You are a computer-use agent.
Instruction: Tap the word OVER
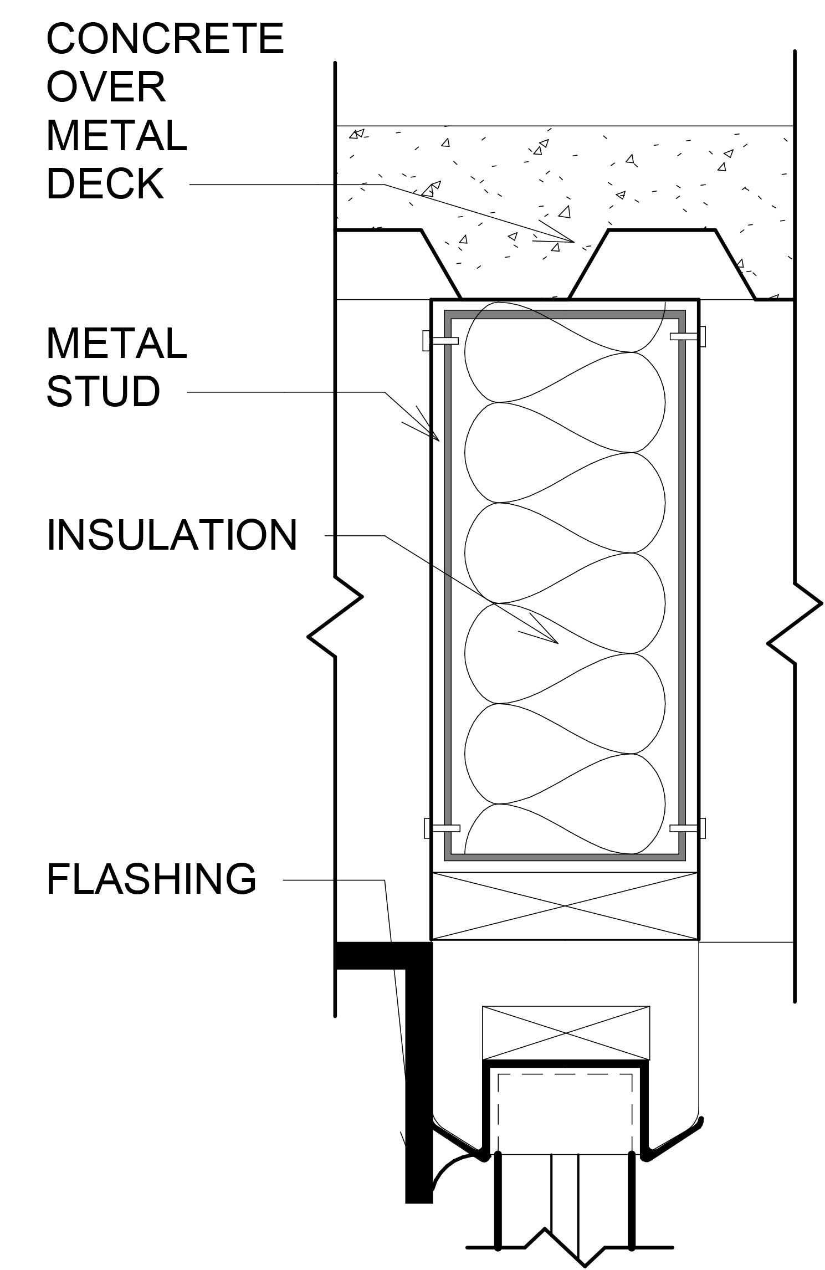click(x=106, y=87)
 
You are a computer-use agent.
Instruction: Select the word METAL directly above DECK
click(x=117, y=136)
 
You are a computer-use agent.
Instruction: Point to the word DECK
click(x=105, y=184)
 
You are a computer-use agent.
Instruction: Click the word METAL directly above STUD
click(x=117, y=344)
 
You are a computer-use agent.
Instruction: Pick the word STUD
click(x=104, y=391)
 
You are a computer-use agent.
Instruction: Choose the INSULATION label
click(x=172, y=535)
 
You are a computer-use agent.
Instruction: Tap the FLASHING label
click(x=151, y=880)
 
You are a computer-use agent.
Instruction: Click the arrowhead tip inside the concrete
click(x=573, y=241)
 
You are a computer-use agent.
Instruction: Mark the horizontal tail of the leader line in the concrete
click(x=360, y=185)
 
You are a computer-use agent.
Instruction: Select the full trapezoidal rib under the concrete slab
click(x=515, y=266)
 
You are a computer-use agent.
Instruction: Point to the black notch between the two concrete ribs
click(x=662, y=260)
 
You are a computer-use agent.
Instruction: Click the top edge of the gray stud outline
click(x=565, y=315)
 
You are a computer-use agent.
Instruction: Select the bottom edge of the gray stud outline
click(x=565, y=857)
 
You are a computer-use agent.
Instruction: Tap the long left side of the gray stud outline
click(x=448, y=582)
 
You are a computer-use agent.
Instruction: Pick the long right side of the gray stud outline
click(x=682, y=582)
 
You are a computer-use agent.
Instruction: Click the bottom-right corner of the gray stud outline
click(x=681, y=857)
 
